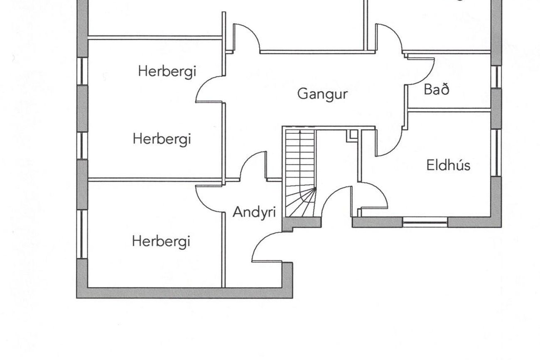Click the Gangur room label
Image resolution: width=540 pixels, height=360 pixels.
coord(322,94)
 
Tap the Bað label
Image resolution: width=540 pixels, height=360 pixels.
coord(437,89)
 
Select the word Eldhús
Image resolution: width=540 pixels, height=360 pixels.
coord(448,165)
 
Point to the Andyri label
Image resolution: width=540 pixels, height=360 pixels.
coord(254,212)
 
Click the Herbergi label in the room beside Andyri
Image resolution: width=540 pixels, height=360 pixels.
coord(161,241)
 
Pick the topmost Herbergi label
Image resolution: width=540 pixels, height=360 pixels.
coord(167,71)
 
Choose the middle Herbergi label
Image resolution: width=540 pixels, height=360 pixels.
coord(162,139)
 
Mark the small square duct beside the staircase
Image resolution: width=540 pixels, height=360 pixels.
coord(352,135)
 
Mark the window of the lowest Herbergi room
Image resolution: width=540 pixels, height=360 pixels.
coord(82,234)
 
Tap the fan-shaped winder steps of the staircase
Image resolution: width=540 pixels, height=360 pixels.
coord(303,203)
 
